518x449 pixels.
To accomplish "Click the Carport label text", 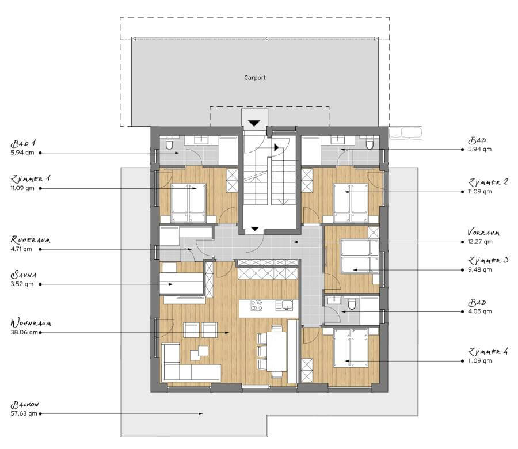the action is click(255, 78).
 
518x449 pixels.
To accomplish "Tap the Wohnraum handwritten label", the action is click(31, 323).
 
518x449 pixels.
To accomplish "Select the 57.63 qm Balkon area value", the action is click(24, 413).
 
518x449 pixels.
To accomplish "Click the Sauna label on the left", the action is click(24, 275).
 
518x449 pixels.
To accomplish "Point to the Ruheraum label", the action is click(31, 239).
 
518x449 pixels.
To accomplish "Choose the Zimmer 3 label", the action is click(488, 260).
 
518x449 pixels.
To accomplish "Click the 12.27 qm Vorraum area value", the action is click(480, 242).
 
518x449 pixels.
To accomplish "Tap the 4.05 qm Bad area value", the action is click(479, 311).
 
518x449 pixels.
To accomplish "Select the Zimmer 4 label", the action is click(488, 352).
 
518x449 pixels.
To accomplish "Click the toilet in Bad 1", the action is click(169, 143).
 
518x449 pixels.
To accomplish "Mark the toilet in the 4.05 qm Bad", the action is click(352, 303).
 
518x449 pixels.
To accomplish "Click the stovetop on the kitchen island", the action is click(256, 305).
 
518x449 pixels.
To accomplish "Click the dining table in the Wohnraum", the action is click(276, 351).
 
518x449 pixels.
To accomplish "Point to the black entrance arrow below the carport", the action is click(254, 123).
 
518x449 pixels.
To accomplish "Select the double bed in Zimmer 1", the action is click(188, 203).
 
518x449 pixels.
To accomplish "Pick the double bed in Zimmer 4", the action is click(351, 348).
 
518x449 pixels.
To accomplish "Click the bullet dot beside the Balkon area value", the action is click(40, 414).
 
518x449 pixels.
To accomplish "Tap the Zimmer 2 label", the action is click(488, 182).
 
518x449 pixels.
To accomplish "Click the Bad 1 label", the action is click(23, 143).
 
